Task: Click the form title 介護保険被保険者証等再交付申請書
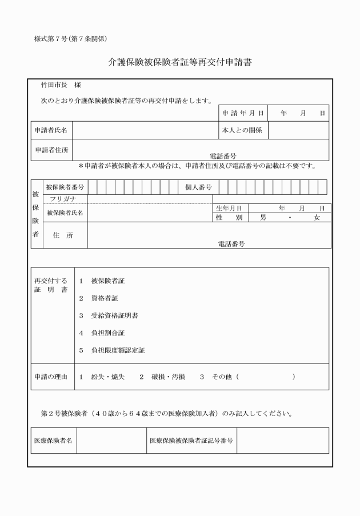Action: click(180, 62)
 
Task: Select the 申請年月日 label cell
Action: click(243, 113)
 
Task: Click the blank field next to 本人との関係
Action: click(298, 130)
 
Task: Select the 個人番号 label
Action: click(198, 187)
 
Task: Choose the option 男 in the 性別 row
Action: click(263, 218)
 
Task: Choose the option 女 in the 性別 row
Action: click(317, 218)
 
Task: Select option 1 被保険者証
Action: click(104, 281)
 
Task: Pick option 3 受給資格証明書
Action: click(110, 315)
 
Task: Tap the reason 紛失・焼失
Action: click(110, 377)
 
